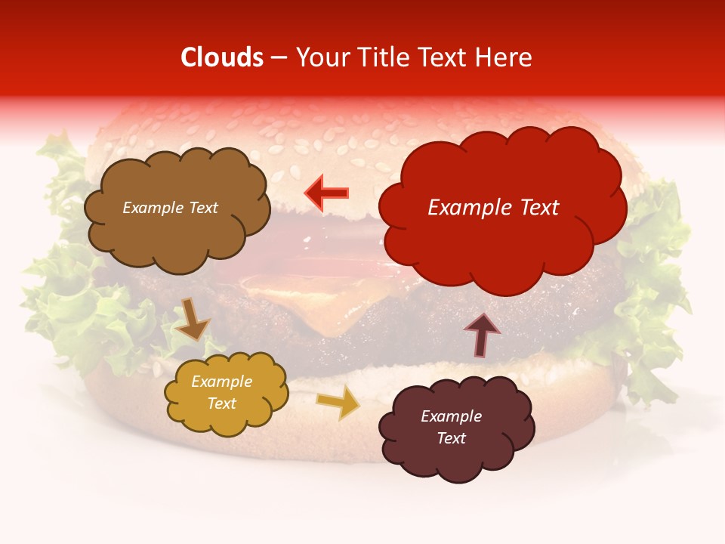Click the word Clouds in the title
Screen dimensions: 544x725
(x=222, y=57)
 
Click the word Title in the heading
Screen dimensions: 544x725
(x=382, y=57)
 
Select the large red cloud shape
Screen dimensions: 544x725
(x=501, y=249)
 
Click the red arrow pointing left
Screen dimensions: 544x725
(x=326, y=193)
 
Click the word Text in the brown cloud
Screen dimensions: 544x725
(x=202, y=208)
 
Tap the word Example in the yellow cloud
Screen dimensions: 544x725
(x=221, y=382)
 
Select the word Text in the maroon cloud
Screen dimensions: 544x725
(x=451, y=438)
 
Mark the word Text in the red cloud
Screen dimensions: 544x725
(x=538, y=208)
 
